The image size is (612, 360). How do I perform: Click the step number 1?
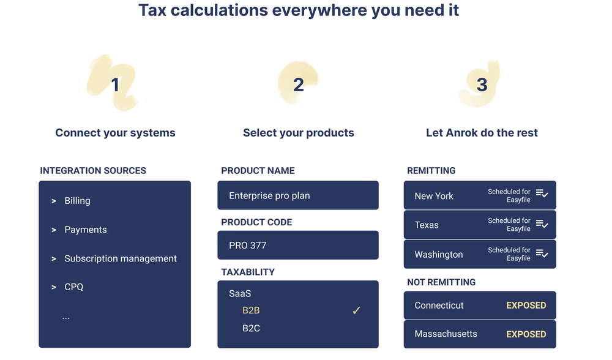[115, 84]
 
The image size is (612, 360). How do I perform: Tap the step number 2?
[299, 84]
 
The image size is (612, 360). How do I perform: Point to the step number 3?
[482, 84]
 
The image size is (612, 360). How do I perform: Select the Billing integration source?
[77, 201]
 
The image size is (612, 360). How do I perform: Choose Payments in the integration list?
[86, 230]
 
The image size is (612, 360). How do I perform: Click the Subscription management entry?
[121, 258]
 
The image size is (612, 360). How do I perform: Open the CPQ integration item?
[74, 287]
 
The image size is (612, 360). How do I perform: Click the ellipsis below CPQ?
[65, 318]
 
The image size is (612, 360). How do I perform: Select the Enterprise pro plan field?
[298, 195]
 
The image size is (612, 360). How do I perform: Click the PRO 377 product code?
[247, 246]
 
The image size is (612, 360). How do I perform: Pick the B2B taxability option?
[251, 310]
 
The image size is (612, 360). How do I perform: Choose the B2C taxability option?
[251, 328]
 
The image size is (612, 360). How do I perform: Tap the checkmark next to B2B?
[356, 310]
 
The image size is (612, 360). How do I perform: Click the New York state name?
[434, 196]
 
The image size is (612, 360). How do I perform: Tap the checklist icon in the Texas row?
[542, 223]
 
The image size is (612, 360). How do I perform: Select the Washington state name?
[439, 255]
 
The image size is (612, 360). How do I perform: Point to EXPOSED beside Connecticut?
[526, 306]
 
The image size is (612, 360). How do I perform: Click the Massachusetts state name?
[446, 334]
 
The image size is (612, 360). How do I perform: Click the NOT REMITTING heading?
[441, 282]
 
